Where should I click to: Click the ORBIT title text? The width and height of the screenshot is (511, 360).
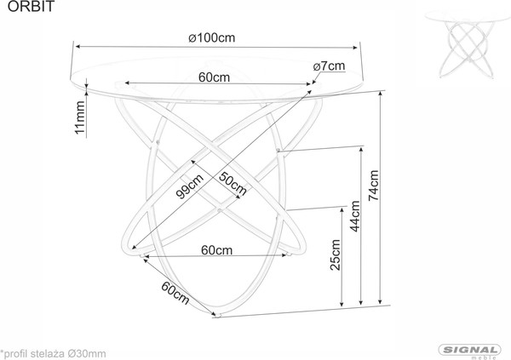click(x=18, y=9)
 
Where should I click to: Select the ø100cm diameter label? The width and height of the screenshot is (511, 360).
click(x=211, y=37)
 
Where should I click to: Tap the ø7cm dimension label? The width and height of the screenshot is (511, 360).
click(x=328, y=66)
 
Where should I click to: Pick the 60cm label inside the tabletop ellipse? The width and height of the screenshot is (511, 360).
click(x=214, y=77)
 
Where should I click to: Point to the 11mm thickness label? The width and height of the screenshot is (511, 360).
click(x=81, y=118)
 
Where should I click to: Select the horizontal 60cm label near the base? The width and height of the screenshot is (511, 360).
click(x=218, y=249)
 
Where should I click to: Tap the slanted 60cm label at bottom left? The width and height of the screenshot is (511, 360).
click(x=175, y=293)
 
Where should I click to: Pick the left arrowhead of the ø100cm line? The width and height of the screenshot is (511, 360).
click(x=75, y=46)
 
